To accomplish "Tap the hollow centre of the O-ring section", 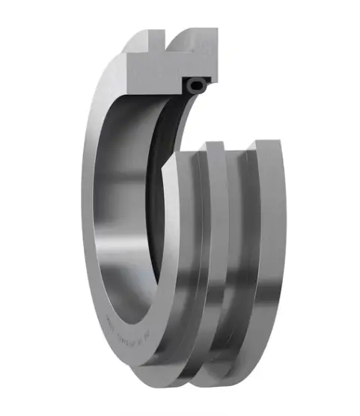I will tap(196, 86).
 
